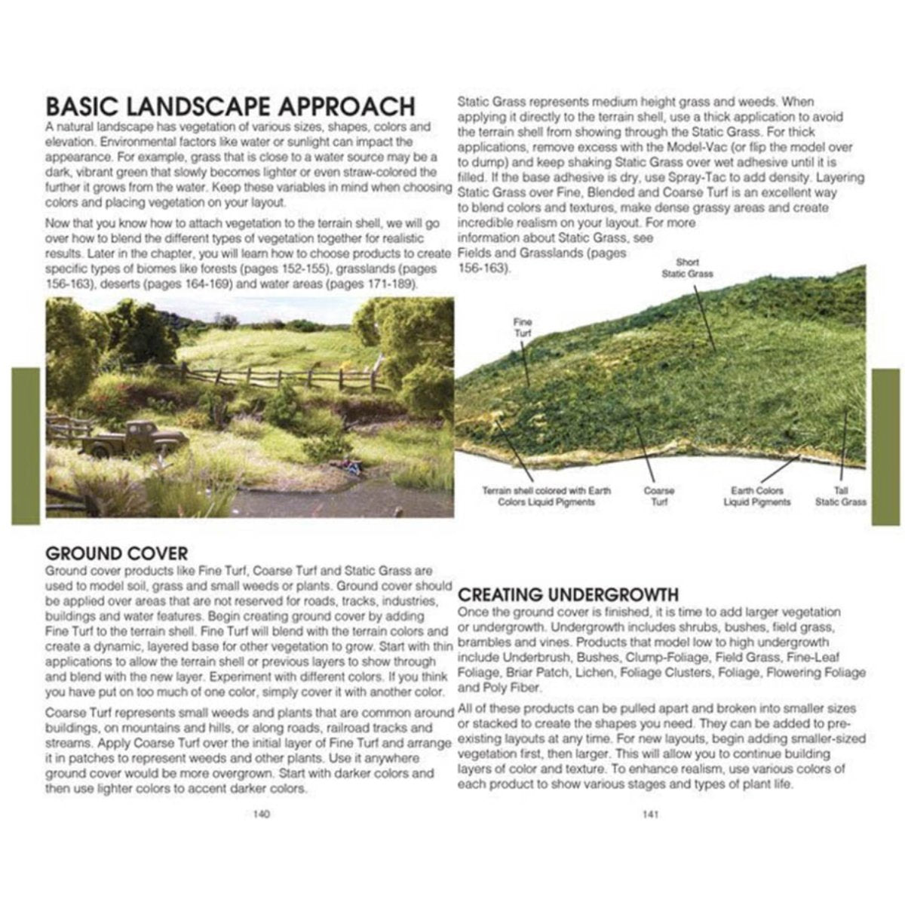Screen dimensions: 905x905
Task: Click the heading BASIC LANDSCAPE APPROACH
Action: coord(230,106)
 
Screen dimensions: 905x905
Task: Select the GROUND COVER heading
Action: coord(117,553)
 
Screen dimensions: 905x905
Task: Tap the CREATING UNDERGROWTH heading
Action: coord(569,594)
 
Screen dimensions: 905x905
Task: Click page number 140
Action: coord(262,814)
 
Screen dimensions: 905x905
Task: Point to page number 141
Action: coord(650,814)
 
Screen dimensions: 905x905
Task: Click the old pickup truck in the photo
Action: coord(136,441)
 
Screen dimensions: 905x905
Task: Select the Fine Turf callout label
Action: coord(523,327)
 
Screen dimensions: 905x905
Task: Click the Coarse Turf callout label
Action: coord(658,495)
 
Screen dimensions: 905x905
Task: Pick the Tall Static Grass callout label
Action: coord(840,495)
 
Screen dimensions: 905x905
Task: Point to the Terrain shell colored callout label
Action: coord(546,495)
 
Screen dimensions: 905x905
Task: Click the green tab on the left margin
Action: coord(25,446)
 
